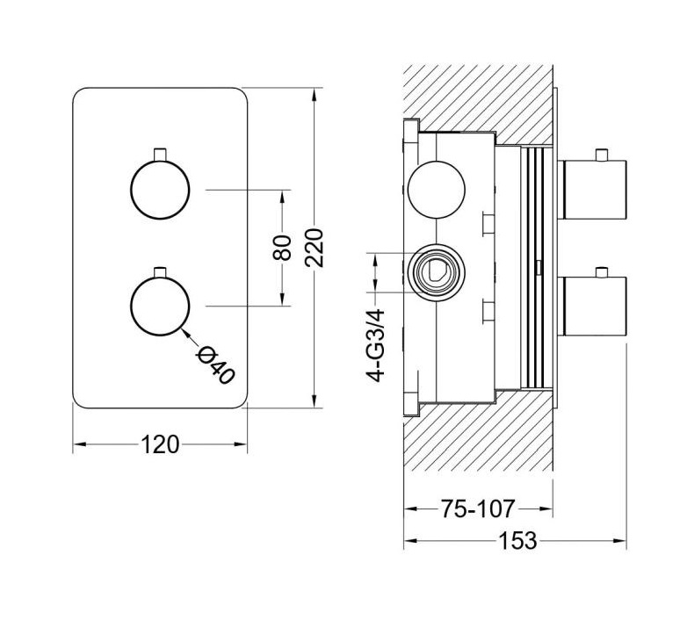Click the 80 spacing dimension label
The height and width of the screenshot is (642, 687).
[282, 248]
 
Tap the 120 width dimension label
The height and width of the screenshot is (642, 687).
[160, 444]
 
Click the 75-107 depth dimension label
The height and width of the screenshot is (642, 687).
[478, 509]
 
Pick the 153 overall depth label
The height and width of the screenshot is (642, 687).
[517, 540]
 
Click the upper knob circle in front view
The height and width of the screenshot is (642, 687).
[160, 190]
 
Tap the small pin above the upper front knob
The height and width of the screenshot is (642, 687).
[160, 155]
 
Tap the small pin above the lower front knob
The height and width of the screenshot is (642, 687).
[160, 271]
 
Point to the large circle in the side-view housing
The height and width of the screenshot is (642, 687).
[437, 190]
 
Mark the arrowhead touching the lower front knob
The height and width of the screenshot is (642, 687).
[186, 331]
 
